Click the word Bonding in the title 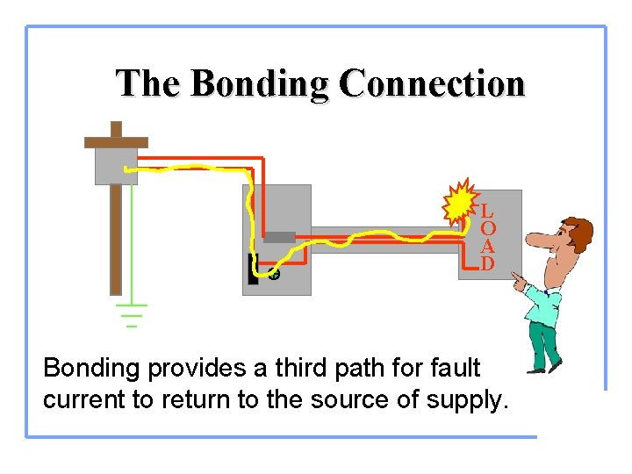pos(260,84)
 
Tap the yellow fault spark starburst pos(459,205)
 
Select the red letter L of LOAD pos(487,212)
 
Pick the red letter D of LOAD pos(487,263)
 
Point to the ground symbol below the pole pos(132,314)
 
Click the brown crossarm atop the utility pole pos(116,140)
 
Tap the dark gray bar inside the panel pos(279,236)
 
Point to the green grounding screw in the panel pos(274,275)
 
